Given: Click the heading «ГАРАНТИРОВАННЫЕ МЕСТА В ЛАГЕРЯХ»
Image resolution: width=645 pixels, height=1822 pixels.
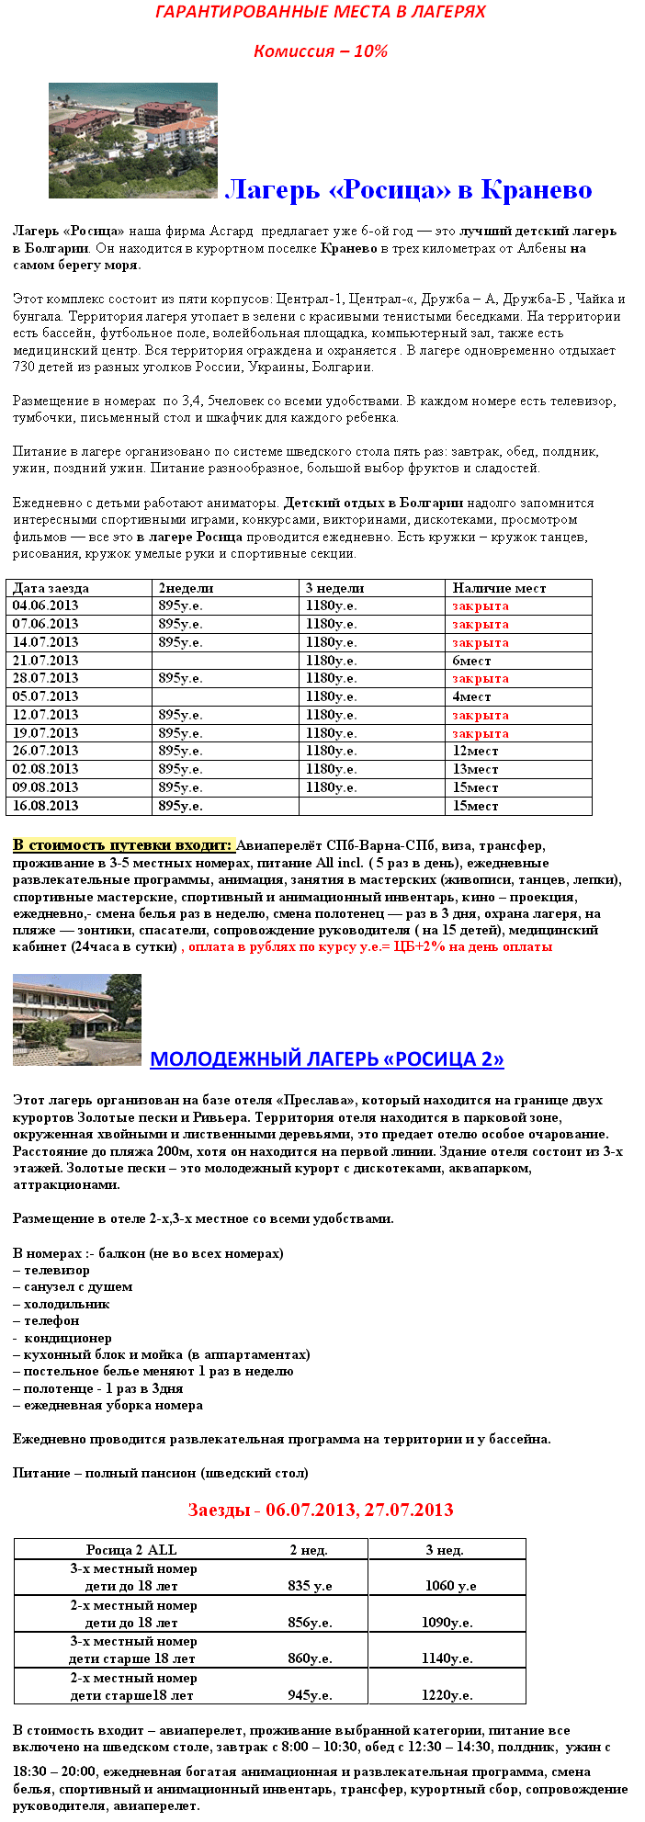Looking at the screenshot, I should tap(320, 12).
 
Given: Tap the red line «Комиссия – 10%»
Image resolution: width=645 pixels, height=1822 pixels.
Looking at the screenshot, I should tap(321, 51).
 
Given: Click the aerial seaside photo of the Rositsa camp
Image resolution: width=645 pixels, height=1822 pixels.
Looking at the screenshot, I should tap(133, 140).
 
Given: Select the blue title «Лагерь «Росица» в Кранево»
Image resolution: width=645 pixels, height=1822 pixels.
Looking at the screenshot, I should tap(409, 190).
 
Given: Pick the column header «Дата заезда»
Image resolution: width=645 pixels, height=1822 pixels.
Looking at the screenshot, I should tap(51, 588).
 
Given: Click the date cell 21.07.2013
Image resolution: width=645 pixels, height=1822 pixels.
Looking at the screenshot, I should tap(46, 661).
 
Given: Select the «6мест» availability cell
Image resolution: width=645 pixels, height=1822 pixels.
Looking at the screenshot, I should tap(471, 661).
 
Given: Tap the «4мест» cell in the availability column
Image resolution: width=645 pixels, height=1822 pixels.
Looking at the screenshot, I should tap(471, 696).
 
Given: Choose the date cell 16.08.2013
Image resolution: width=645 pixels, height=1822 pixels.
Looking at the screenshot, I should tap(46, 806).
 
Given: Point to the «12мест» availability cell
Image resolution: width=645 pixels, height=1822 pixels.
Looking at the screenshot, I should tap(475, 751).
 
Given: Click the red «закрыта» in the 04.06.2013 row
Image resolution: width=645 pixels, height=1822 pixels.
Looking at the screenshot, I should tap(480, 606).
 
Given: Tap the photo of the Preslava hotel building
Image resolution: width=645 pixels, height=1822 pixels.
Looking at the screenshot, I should tap(77, 1019).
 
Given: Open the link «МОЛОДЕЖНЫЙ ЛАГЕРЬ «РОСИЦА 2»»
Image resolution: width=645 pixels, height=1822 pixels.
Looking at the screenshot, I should tap(326, 1058).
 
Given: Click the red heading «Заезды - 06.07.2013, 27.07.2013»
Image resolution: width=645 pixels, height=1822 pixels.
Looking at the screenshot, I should tap(321, 1510).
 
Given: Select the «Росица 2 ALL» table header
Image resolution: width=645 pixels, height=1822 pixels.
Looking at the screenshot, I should tap(131, 1550).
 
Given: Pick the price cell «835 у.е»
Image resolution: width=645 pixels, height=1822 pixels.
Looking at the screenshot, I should tap(310, 1586).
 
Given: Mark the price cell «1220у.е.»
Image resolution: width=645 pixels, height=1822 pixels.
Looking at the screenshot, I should tap(447, 1695).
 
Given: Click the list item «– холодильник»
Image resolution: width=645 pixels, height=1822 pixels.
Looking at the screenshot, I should tap(62, 1304).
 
